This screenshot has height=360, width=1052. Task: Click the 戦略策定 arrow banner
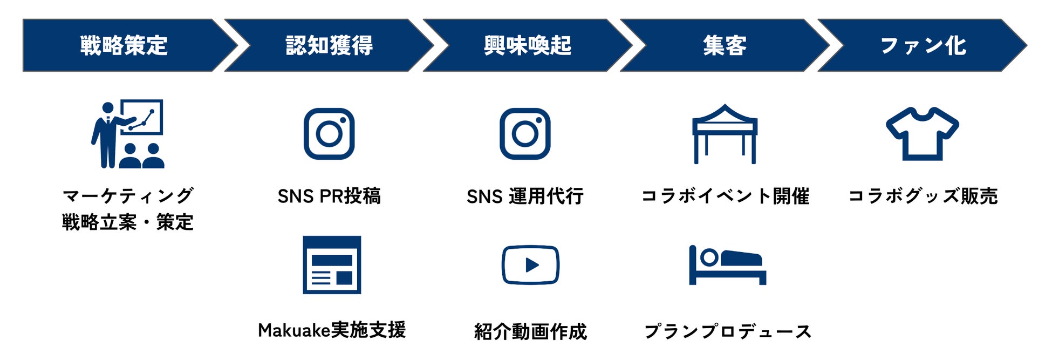(x=124, y=45)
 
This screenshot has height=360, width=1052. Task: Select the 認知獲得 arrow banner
(x=329, y=45)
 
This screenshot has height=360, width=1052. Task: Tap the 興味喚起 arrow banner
(x=528, y=45)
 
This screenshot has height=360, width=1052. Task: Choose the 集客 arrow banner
(x=725, y=45)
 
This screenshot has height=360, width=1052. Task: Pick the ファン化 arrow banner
(x=923, y=45)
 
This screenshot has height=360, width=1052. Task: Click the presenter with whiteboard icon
(x=128, y=134)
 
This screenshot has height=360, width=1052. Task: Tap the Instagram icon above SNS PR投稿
(x=329, y=134)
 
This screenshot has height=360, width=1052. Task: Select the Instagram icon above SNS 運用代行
(x=525, y=134)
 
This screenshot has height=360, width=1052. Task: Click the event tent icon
(x=725, y=134)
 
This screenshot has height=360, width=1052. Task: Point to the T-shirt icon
(x=923, y=134)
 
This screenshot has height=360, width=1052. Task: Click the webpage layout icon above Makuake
(x=332, y=265)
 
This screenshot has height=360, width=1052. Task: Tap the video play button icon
(x=530, y=265)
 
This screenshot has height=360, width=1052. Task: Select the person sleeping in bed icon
(x=727, y=265)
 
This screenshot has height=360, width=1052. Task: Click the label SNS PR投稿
(x=329, y=196)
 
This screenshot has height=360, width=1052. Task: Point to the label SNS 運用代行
(x=525, y=196)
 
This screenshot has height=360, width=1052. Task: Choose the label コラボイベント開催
(x=725, y=196)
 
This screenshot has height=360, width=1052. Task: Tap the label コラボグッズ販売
(x=923, y=196)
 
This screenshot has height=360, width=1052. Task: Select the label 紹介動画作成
(x=530, y=331)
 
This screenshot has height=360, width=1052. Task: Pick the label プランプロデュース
(x=728, y=331)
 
